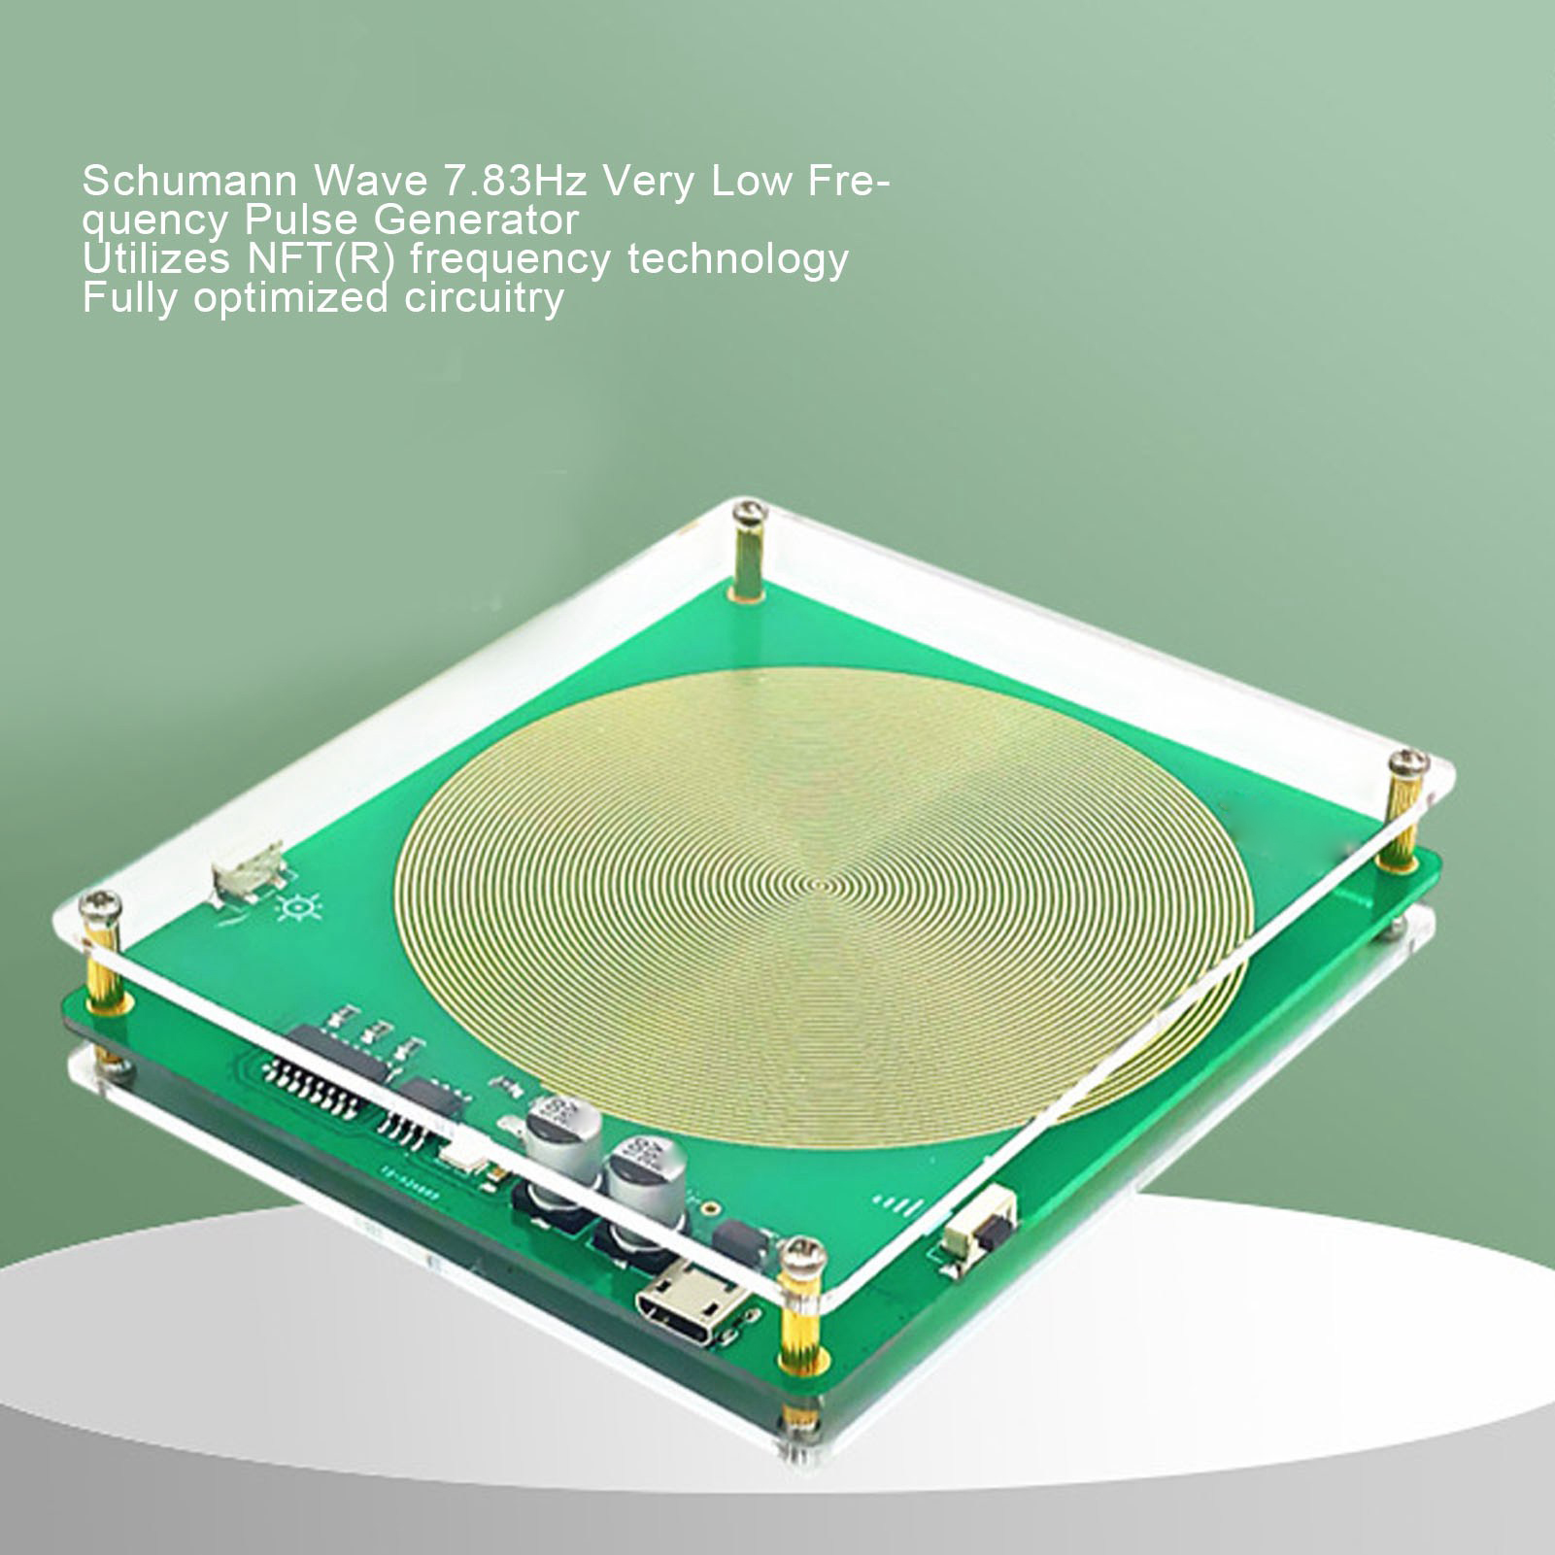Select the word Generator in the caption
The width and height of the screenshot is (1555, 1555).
pos(477,220)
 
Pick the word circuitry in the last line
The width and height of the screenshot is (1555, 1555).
pos(484,298)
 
